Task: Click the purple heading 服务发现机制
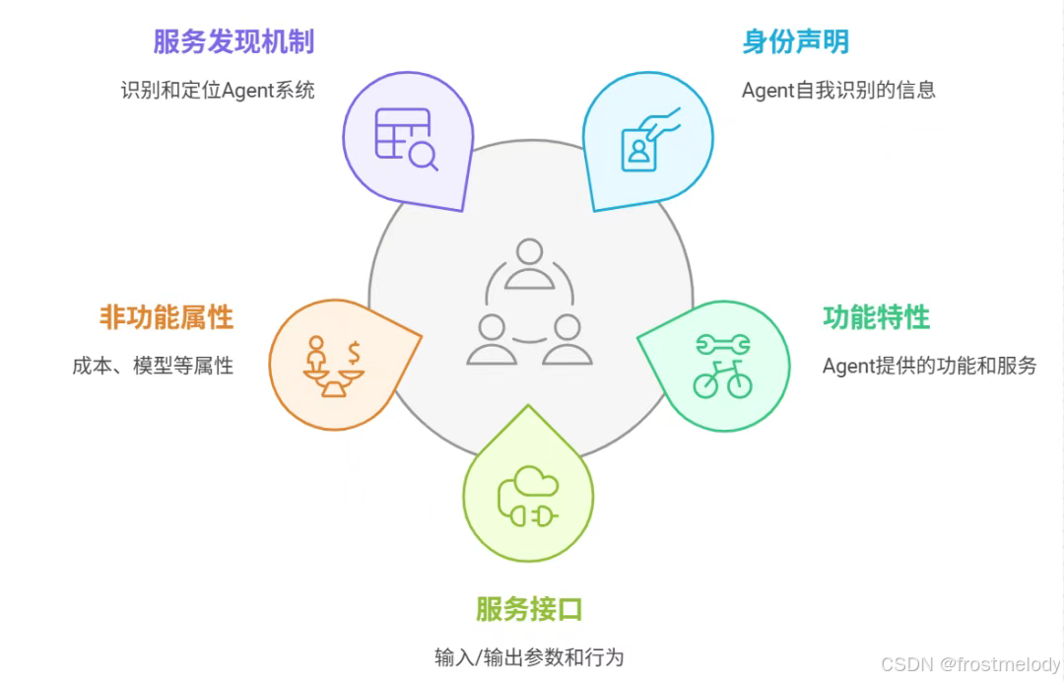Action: pos(233,41)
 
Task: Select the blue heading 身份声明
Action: pos(795,41)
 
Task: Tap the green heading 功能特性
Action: pos(876,317)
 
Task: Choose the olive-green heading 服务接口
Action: pos(529,608)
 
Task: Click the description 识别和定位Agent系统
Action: pos(218,90)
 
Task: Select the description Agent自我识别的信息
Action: pos(838,90)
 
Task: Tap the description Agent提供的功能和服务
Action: pos(929,366)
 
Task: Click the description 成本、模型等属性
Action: pos(153,366)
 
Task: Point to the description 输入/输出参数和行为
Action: pos(529,657)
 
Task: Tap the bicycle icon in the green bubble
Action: pos(722,379)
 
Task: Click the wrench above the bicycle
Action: pos(723,344)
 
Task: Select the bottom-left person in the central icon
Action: pos(491,339)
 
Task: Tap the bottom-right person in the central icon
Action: pos(567,339)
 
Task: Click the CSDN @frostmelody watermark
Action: pos(969,664)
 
